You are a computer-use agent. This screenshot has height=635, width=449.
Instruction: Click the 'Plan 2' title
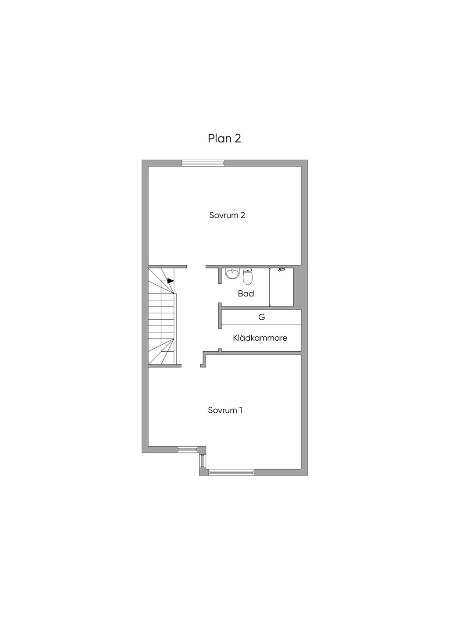coord(224,138)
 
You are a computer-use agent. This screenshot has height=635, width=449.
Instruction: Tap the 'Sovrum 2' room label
coord(227,215)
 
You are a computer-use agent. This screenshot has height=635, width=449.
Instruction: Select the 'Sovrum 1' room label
coord(225,410)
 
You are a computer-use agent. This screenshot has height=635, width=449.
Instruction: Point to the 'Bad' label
coord(246,294)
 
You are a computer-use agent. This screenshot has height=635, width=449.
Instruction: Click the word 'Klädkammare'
coord(260,338)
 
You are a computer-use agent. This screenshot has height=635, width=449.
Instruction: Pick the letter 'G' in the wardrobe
coord(262,317)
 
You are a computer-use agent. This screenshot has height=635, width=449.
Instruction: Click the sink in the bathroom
coord(232,274)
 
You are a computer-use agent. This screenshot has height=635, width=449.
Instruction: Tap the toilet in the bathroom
coord(248,276)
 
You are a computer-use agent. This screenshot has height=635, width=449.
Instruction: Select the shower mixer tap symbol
coord(281,269)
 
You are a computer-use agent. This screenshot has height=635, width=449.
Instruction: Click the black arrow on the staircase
coord(171,281)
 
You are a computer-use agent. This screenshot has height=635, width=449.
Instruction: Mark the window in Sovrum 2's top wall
coord(203,163)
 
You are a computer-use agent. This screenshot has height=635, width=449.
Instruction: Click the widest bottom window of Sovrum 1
coord(232,472)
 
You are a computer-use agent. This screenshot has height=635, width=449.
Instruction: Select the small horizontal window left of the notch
coord(188,449)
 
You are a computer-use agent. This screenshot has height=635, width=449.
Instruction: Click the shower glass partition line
coord(269,287)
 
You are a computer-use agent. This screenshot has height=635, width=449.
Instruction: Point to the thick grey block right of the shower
coord(297,287)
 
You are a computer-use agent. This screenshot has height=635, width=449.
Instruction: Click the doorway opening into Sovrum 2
coord(196,267)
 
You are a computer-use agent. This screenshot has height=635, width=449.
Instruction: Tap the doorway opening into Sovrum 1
coord(190,366)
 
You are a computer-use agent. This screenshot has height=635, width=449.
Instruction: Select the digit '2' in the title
coord(237,139)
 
